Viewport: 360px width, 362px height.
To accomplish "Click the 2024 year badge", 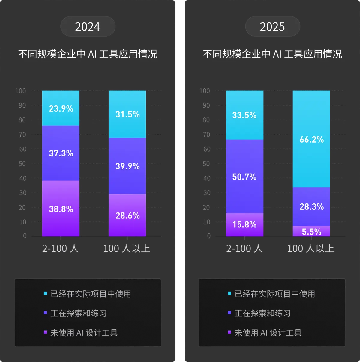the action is [x=88, y=26].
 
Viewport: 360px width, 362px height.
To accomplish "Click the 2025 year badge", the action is [x=272, y=26].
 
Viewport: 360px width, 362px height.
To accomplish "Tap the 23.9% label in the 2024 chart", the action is [x=61, y=109].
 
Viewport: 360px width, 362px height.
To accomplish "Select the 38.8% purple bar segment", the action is [x=61, y=208].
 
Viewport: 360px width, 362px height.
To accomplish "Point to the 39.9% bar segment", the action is [x=127, y=166].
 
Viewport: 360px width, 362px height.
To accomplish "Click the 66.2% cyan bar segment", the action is [x=311, y=139].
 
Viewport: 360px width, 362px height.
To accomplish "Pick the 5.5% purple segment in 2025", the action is [x=311, y=231].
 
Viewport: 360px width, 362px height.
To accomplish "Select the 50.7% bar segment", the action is [x=245, y=176].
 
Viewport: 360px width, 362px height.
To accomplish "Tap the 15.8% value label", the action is [x=244, y=224].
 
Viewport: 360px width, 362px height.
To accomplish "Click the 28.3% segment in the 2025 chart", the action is [x=311, y=206].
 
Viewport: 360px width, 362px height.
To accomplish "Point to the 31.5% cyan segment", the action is [x=127, y=114].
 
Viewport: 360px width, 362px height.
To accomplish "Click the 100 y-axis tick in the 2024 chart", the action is [x=20, y=91].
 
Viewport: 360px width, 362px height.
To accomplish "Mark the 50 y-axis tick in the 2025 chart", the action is [x=206, y=164].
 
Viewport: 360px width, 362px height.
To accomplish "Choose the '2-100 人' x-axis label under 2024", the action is [x=60, y=248].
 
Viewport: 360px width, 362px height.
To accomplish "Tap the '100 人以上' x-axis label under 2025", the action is [x=311, y=248].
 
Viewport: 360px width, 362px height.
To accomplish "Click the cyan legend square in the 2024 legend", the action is [x=45, y=293].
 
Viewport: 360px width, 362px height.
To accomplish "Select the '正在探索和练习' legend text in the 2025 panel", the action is [x=262, y=313].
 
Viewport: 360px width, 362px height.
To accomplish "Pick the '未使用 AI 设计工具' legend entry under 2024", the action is [x=81, y=333].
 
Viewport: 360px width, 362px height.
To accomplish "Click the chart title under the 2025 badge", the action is [x=272, y=54].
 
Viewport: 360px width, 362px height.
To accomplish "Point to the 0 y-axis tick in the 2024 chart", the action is [x=25, y=236].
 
